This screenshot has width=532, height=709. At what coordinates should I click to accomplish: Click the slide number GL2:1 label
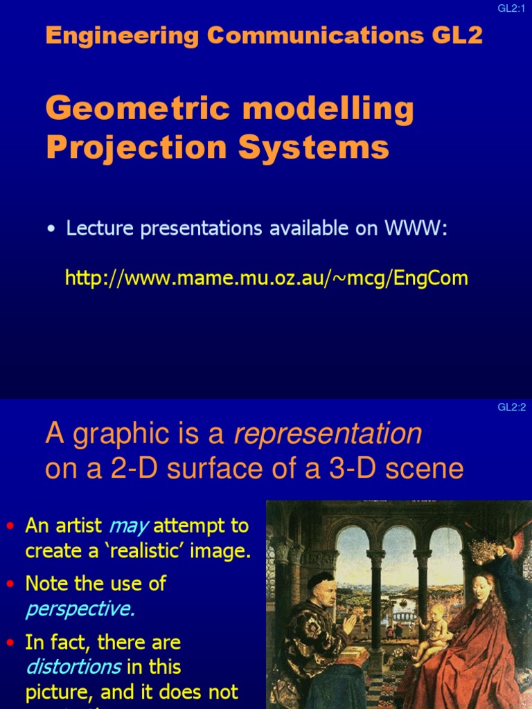(512, 8)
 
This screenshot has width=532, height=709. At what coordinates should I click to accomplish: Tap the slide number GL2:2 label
(512, 407)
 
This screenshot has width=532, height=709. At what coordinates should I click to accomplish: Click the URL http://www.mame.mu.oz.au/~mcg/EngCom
(267, 278)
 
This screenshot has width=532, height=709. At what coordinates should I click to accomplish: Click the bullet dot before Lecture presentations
(51, 230)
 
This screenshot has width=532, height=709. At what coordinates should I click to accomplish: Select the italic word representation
(328, 434)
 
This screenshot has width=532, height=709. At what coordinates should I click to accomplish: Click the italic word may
(129, 526)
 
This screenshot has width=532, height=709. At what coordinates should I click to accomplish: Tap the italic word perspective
(80, 609)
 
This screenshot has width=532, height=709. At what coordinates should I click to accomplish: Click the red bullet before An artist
(10, 526)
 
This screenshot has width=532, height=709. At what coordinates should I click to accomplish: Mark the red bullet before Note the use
(10, 584)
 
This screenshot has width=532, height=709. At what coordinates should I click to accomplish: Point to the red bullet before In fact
(10, 643)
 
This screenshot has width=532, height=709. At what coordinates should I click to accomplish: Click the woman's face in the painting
(482, 589)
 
